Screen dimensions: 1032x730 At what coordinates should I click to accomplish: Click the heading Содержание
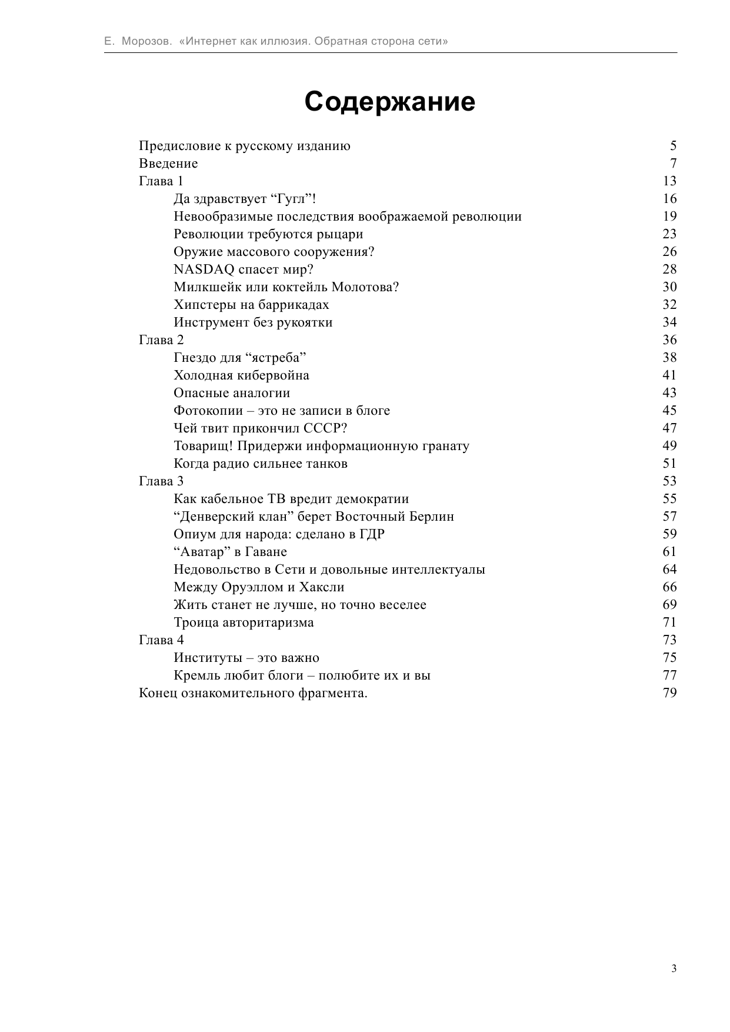(389, 102)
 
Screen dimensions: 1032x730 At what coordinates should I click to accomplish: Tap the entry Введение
(168, 164)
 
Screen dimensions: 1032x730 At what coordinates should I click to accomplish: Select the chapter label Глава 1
(161, 181)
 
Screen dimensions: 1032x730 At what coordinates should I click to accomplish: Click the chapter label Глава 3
(161, 481)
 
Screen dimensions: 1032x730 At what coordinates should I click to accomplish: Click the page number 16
(669, 199)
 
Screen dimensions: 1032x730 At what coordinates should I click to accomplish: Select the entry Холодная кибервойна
(241, 375)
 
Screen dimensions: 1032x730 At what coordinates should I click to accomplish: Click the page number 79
(669, 693)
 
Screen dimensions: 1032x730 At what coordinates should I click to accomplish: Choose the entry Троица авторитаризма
(244, 622)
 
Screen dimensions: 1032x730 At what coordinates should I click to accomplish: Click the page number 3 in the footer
(674, 968)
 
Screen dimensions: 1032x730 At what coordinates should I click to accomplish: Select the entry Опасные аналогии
(232, 393)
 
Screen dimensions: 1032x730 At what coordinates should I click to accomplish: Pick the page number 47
(669, 428)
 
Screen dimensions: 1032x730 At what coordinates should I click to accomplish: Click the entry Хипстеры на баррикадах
(251, 305)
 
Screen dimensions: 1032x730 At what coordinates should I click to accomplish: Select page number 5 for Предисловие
(673, 146)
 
